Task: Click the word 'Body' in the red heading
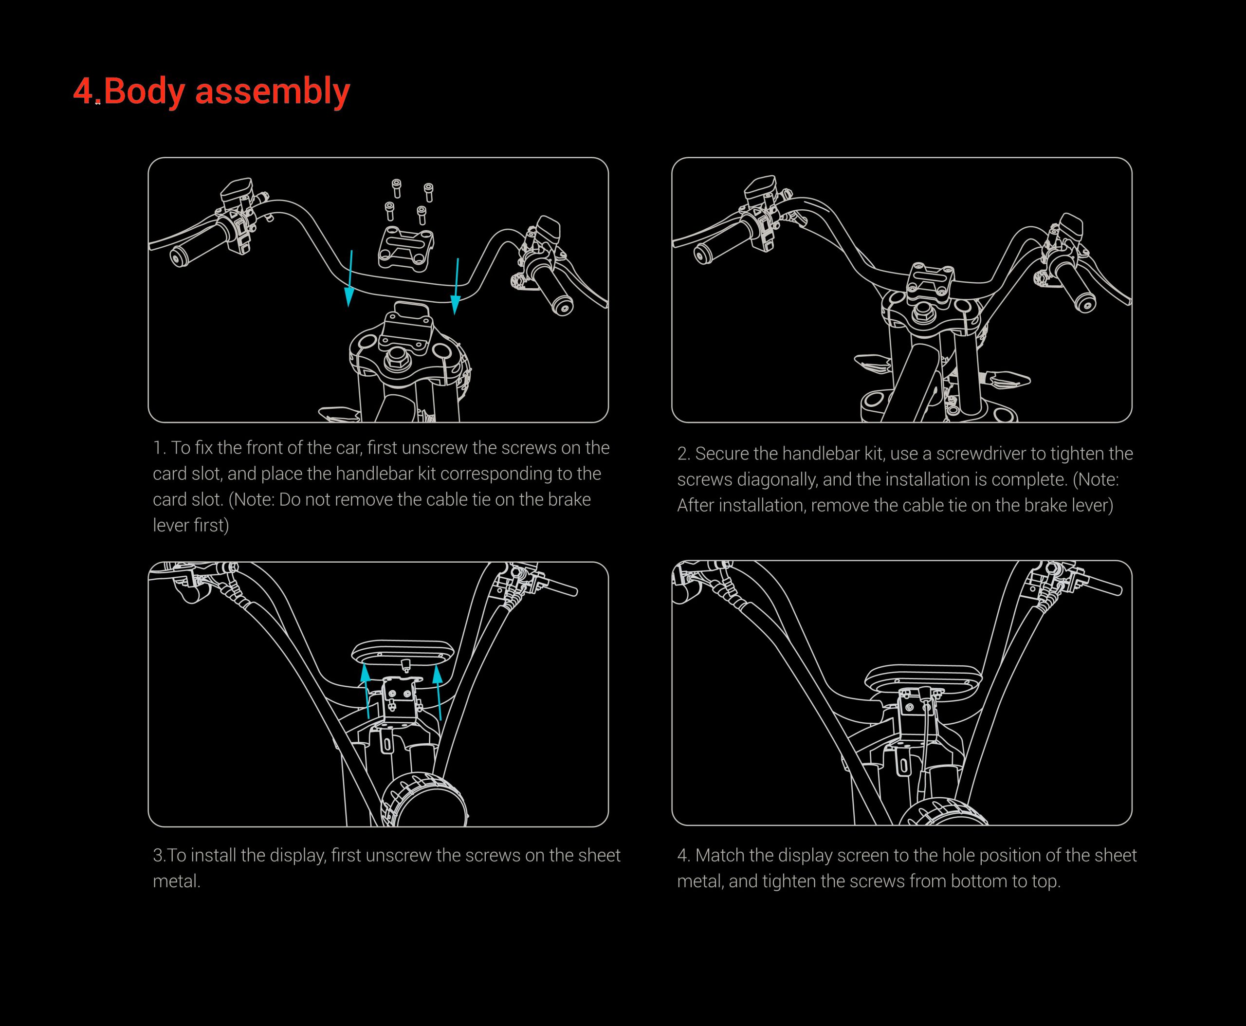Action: click(143, 92)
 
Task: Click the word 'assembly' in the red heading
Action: click(272, 92)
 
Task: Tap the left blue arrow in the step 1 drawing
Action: click(350, 278)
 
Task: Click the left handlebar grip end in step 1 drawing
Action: click(177, 257)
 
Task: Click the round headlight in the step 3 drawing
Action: click(424, 800)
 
